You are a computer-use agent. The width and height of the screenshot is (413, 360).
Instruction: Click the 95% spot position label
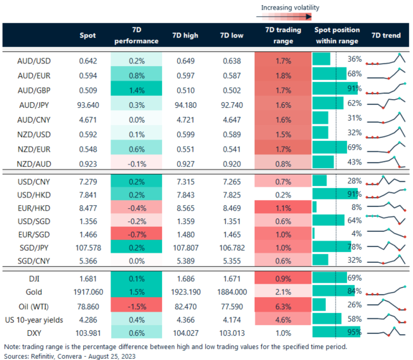(355, 331)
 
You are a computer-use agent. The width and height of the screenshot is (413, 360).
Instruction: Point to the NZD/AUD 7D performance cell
(135, 163)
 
